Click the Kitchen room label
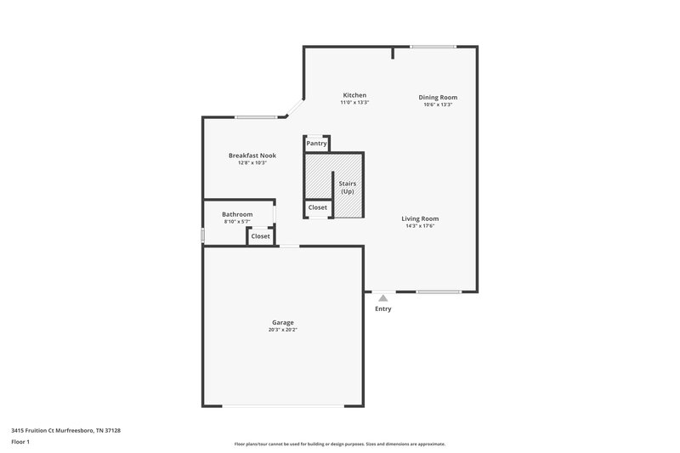click(x=354, y=94)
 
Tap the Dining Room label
click(x=438, y=97)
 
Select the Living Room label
click(x=420, y=218)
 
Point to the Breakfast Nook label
click(x=252, y=155)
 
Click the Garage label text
click(x=283, y=322)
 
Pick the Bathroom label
click(x=237, y=214)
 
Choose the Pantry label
click(x=317, y=144)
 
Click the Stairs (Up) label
click(x=347, y=187)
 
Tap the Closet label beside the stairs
click(x=318, y=207)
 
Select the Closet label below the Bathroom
click(x=261, y=236)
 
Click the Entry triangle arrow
click(x=383, y=298)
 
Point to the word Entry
click(x=383, y=309)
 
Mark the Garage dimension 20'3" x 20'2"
click(x=283, y=330)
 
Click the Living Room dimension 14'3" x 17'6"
click(x=420, y=226)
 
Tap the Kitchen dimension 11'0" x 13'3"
click(x=354, y=103)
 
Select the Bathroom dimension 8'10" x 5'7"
click(x=237, y=222)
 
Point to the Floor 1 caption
click(x=21, y=442)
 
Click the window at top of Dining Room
click(x=433, y=47)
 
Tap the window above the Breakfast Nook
click(x=254, y=117)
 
